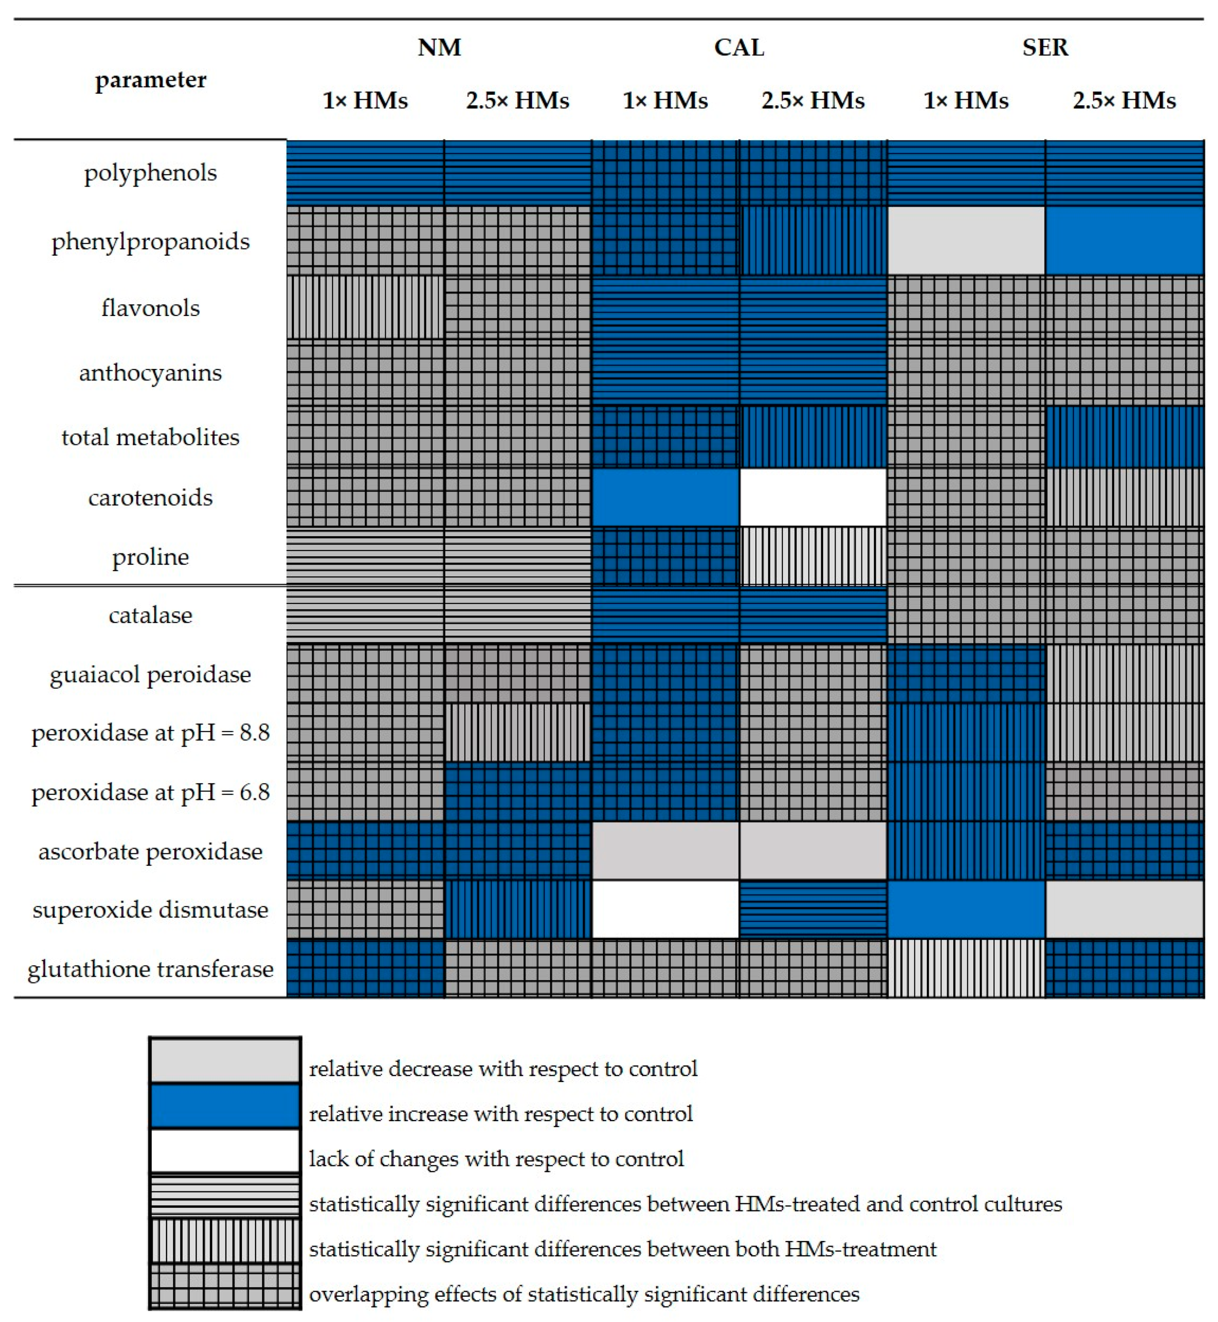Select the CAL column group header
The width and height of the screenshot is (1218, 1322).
pos(739,48)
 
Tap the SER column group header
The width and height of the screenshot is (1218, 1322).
pos(1045,48)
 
